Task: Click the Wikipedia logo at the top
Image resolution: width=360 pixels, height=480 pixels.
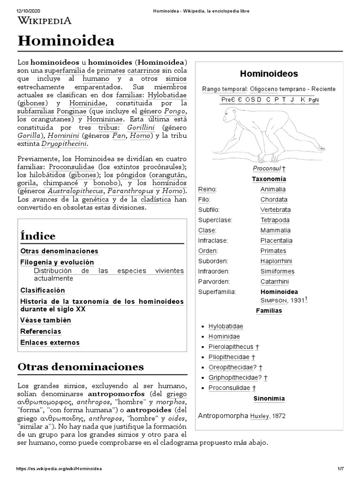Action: pos(45,20)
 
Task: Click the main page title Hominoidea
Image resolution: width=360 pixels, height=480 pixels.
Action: pos(66,41)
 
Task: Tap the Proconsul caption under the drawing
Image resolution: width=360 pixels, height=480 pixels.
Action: pos(267,168)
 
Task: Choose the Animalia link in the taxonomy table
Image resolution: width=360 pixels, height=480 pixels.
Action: pos(273,189)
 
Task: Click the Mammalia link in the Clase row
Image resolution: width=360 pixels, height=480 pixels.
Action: pos(275,230)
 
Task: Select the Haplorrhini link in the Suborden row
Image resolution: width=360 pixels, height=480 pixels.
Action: pos(276,261)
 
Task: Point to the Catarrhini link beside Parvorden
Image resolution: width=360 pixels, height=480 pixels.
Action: pos(275,282)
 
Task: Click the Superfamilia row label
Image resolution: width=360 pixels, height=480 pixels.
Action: pos(217,292)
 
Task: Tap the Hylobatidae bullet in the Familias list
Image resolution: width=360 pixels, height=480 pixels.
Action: pos(226,326)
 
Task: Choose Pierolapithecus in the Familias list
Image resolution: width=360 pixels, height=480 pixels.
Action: pos(231,347)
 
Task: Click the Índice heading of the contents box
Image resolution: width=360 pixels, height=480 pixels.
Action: pos(38,236)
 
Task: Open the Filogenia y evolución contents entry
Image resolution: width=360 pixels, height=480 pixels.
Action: pos(57,262)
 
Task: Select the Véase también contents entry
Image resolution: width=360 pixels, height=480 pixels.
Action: pos(45,320)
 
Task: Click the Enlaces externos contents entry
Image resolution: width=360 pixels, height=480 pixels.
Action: pos(50,343)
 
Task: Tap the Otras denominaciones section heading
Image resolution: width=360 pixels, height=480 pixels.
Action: pos(80,367)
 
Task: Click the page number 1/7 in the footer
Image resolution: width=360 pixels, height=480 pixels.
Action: pos(340,469)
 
